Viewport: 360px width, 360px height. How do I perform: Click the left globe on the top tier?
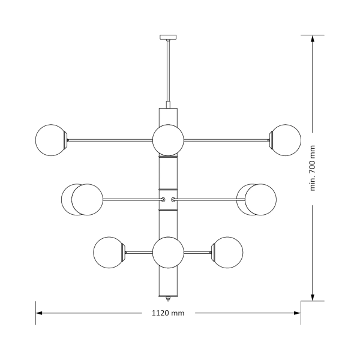51,140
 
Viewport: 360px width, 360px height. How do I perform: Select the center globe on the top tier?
167,140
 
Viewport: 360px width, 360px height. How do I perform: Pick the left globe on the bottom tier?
109,252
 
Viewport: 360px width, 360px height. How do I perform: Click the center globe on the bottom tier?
167,252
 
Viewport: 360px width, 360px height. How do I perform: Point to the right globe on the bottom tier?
228,252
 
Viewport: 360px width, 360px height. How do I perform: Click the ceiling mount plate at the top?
167,37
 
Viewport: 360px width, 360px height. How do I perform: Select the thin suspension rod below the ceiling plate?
167,72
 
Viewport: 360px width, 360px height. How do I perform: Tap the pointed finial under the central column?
167,298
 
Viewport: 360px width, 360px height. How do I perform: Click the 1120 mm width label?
167,313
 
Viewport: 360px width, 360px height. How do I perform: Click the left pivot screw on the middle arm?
162,199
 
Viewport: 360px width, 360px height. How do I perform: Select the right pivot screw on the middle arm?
173,199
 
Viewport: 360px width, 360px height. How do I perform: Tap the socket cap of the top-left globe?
68,140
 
